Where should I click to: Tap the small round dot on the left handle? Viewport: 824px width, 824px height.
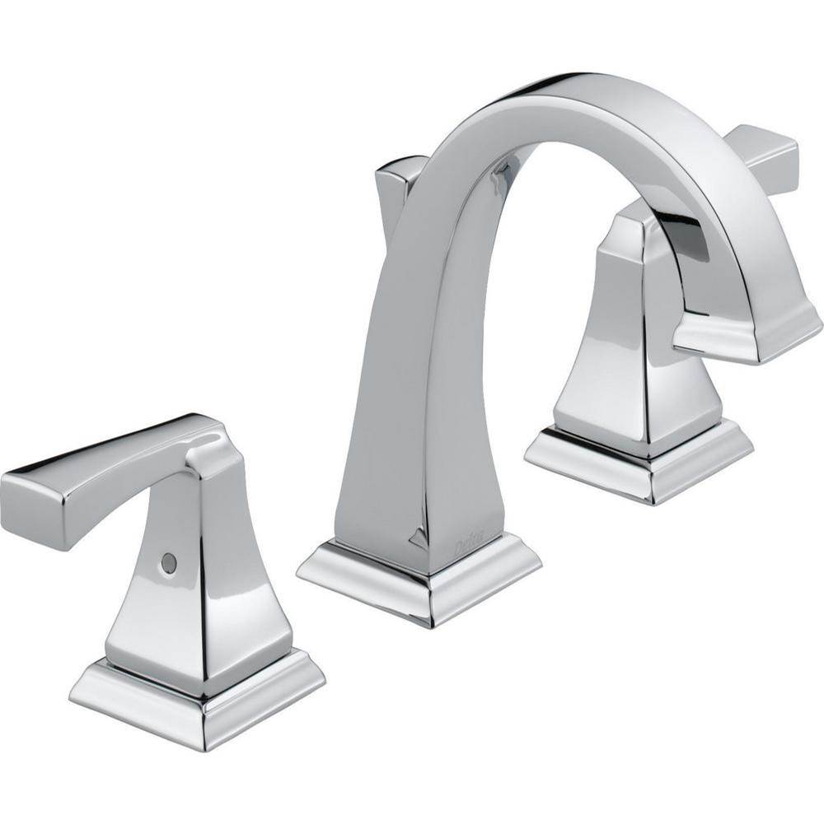click(168, 562)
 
